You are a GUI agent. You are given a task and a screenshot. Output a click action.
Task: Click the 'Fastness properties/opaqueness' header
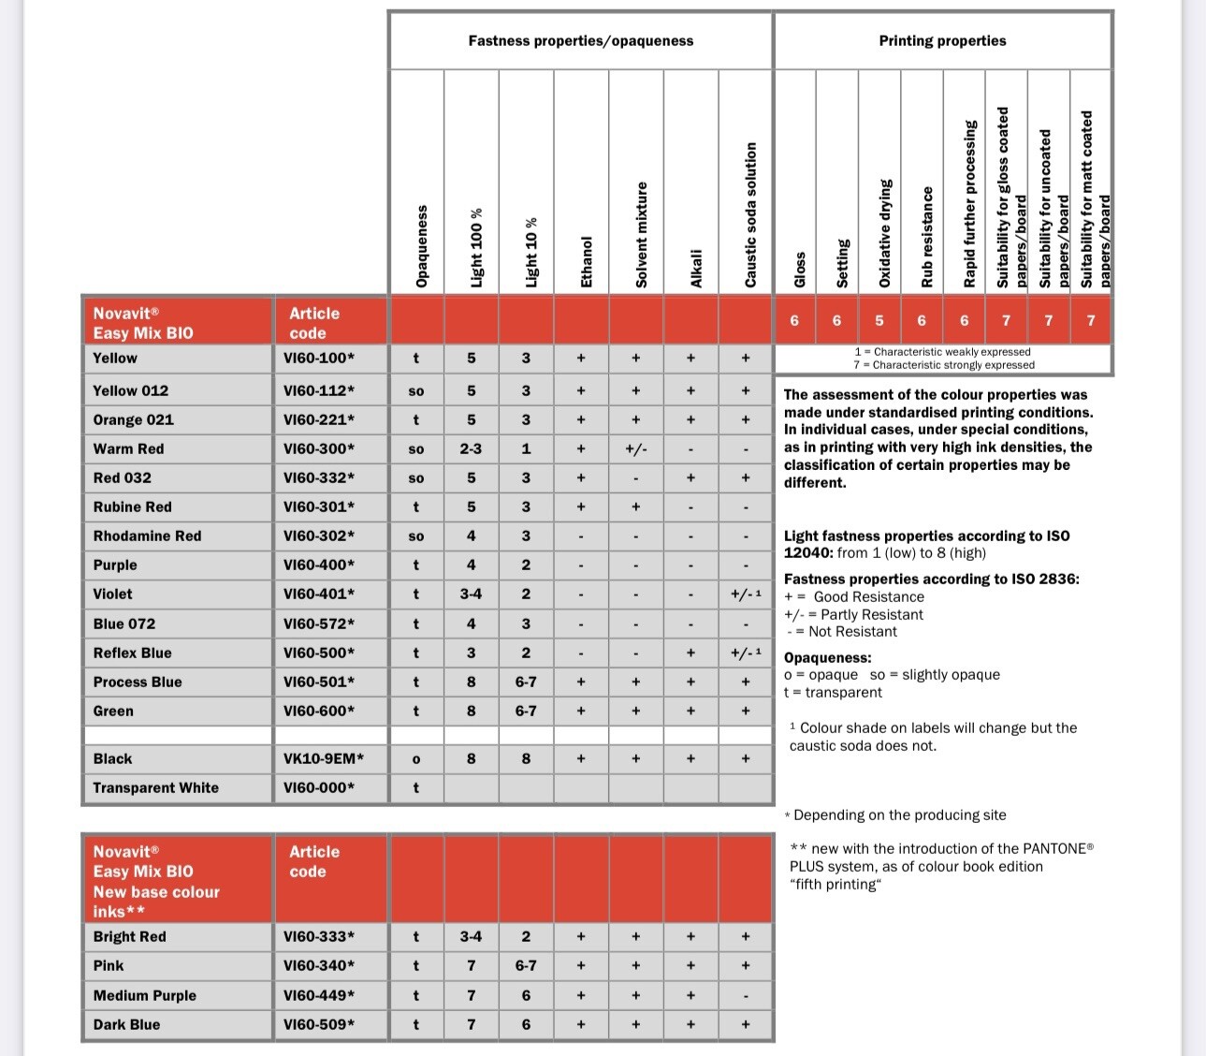click(x=580, y=41)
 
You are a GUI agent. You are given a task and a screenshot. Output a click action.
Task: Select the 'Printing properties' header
click(x=942, y=41)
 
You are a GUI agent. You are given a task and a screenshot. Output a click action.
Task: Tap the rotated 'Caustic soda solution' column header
click(x=750, y=215)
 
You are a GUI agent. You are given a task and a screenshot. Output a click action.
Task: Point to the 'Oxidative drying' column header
click(x=885, y=233)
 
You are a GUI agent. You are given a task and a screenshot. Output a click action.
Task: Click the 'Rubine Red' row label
click(x=132, y=506)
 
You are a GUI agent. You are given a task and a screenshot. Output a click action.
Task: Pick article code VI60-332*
click(x=319, y=477)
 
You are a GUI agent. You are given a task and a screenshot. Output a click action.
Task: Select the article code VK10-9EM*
click(x=324, y=758)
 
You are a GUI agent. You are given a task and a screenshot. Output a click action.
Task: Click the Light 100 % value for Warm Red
click(x=471, y=448)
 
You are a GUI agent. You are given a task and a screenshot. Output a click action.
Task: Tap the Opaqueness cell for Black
click(x=416, y=759)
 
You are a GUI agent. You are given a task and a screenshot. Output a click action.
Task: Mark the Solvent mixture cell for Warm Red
click(x=635, y=449)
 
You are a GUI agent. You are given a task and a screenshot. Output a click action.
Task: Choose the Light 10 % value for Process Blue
click(x=526, y=682)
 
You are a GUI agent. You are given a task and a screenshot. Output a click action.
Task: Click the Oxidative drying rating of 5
click(x=879, y=320)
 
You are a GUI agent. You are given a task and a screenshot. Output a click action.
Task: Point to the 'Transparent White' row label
click(x=155, y=787)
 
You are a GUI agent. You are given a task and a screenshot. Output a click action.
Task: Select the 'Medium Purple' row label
click(x=145, y=995)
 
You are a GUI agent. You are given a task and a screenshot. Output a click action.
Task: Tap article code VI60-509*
click(x=319, y=1024)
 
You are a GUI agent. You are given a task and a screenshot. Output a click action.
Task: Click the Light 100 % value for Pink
click(x=471, y=965)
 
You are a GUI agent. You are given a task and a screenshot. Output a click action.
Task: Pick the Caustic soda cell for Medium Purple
click(x=746, y=996)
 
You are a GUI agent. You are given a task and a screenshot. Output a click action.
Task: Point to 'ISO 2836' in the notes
click(x=1044, y=579)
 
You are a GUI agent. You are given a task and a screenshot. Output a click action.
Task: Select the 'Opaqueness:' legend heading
click(x=827, y=657)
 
